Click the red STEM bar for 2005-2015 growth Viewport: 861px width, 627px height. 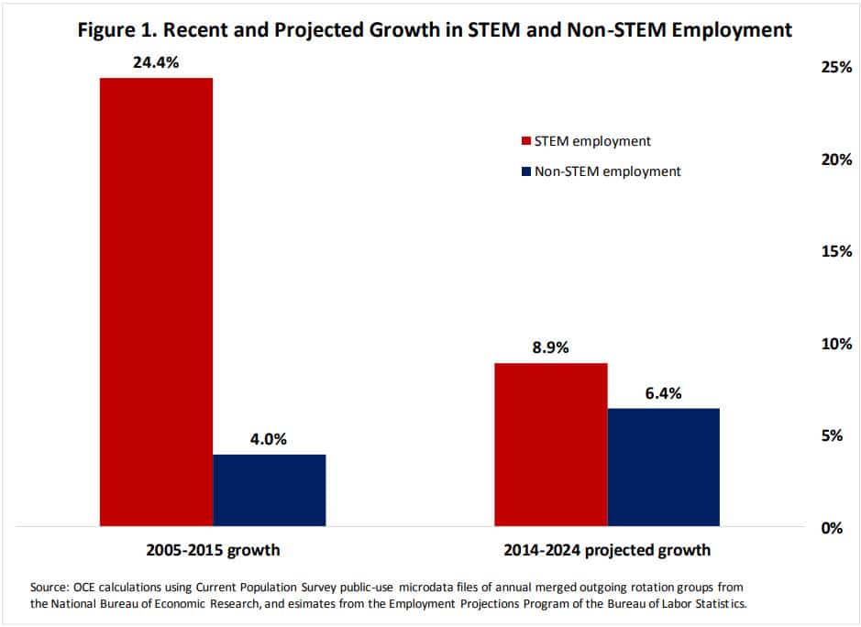tap(156, 302)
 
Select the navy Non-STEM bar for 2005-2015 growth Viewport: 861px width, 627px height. tap(269, 489)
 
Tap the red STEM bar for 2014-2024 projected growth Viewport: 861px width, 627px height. tap(550, 445)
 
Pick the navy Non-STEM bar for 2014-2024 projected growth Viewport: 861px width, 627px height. tap(663, 467)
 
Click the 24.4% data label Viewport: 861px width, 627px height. tap(156, 63)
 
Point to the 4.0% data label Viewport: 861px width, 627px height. tap(269, 439)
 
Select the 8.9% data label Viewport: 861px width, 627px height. tap(550, 348)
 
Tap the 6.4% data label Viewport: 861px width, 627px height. tap(663, 393)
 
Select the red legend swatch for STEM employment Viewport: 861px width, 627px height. tap(526, 141)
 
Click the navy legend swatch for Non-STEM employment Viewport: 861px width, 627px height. tap(526, 171)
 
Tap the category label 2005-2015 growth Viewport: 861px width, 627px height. tap(213, 551)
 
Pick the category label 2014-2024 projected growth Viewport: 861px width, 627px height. tap(607, 551)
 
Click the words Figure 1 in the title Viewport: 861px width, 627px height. tap(110, 29)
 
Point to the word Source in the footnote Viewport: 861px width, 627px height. tap(50, 585)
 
